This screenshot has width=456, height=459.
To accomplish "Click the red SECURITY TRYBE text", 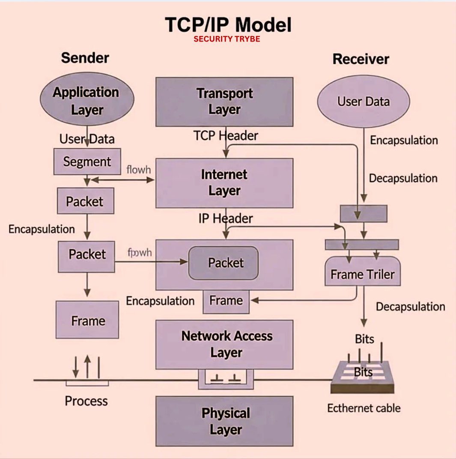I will click(x=227, y=39).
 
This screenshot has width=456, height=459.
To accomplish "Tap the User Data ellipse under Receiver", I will click(x=363, y=101).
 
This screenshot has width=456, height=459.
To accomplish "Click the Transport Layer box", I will click(x=224, y=101).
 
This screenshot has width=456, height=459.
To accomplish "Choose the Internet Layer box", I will click(x=224, y=183).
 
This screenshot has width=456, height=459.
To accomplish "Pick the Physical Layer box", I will click(x=224, y=421).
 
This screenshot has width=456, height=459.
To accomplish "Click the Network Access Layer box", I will click(x=224, y=345).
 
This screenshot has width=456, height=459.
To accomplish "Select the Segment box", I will click(x=87, y=162).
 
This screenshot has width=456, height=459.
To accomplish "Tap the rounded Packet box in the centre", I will click(x=224, y=263).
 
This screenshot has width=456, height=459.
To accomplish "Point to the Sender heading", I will click(x=85, y=58).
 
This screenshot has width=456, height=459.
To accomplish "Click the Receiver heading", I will click(x=361, y=59).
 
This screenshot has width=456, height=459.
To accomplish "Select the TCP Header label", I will click(x=226, y=136).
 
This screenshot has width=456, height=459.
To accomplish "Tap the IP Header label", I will click(x=226, y=218).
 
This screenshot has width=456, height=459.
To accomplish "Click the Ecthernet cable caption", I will click(x=364, y=408).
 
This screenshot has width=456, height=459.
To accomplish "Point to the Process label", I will click(x=86, y=401).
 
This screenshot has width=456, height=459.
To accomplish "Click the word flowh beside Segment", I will click(x=139, y=170).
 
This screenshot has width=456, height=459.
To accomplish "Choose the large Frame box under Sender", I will click(x=87, y=320).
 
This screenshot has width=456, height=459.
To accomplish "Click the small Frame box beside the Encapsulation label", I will click(x=226, y=301).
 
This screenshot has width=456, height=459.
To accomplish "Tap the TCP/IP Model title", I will click(x=228, y=25).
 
